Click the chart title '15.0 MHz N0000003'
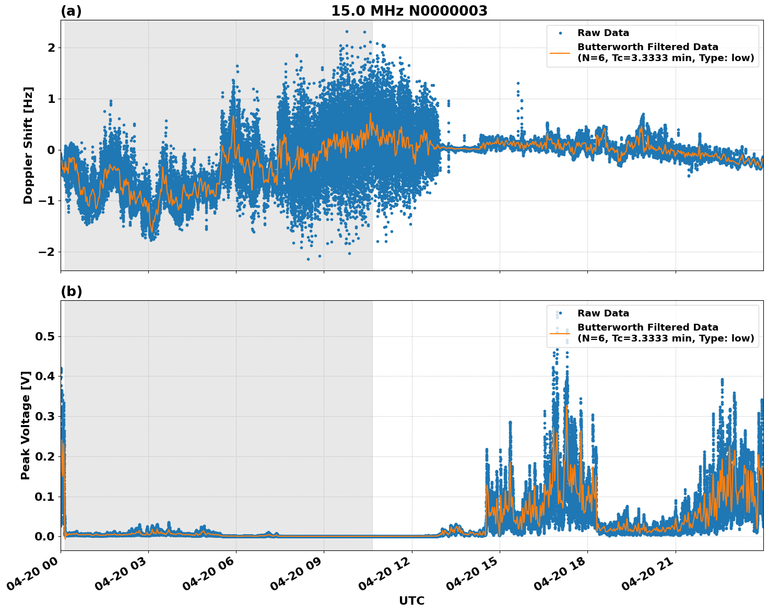coord(409,11)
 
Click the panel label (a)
coord(71,11)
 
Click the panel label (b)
coord(71,291)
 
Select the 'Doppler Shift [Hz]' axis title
coord(28,145)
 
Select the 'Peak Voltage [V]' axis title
coord(26,425)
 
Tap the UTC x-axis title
coord(411,601)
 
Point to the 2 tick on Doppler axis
coord(51,48)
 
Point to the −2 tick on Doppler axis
coord(47,252)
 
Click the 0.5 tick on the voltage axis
coord(45,336)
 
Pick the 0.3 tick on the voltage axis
coord(45,416)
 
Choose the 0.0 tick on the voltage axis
coord(45,536)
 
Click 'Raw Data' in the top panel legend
coord(603,33)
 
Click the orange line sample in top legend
coord(560,52)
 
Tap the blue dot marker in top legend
coord(560,33)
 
